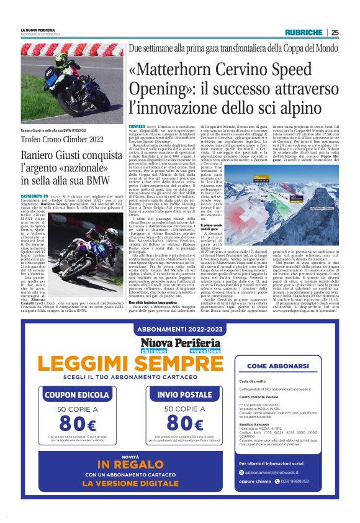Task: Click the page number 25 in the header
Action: (x=335, y=32)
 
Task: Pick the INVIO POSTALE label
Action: (x=180, y=393)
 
